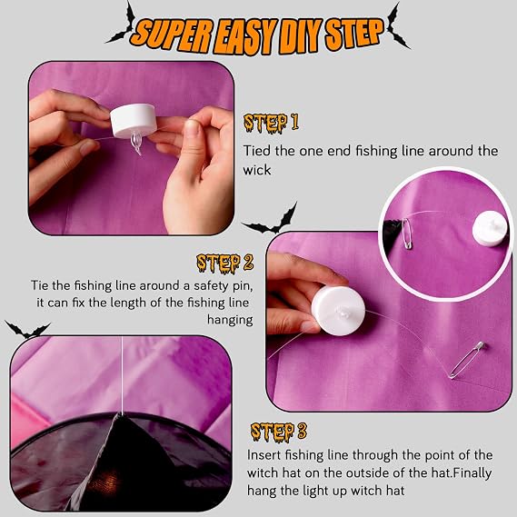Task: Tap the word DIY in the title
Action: tap(299, 35)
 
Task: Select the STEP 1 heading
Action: tap(271, 123)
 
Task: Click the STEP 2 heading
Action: tap(225, 263)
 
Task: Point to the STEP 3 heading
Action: tap(279, 432)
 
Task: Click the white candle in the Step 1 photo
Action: tap(133, 120)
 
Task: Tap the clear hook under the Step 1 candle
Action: tap(136, 143)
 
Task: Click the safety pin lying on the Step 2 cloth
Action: tap(466, 360)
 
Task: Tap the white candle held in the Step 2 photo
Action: tap(338, 311)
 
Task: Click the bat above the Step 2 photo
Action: tap(271, 220)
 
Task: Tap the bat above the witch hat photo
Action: tap(27, 330)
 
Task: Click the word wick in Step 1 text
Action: tap(257, 170)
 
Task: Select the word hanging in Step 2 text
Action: tap(230, 320)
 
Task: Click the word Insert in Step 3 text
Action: tap(263, 454)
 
